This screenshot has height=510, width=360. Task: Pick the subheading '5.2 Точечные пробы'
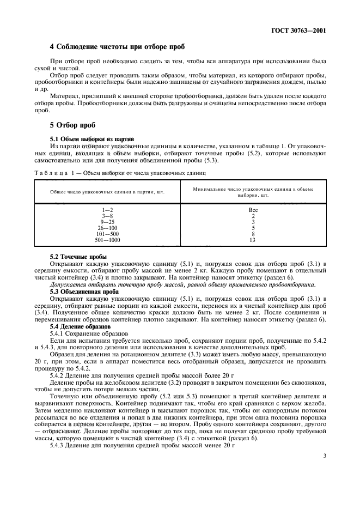78,256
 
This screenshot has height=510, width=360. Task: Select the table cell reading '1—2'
107,210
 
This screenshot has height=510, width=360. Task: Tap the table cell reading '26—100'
107,228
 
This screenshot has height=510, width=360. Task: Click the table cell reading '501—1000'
107,240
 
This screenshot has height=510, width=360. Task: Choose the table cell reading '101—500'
107,234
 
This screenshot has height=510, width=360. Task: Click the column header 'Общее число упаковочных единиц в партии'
107,192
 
